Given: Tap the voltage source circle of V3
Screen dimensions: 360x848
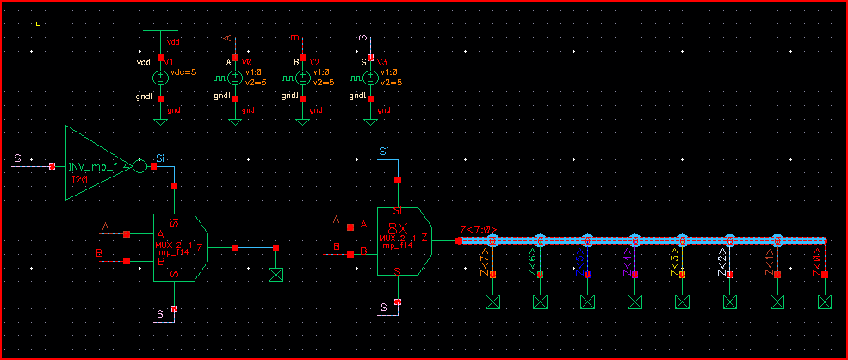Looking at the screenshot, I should [x=370, y=78].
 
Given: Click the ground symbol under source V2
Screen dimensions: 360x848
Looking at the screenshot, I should [x=302, y=121].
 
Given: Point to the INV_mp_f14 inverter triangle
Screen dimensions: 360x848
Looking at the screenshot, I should [x=90, y=164].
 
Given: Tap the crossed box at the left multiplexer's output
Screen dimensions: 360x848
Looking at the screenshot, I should [x=276, y=276].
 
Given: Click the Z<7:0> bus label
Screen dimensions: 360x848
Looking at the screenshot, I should [x=478, y=230].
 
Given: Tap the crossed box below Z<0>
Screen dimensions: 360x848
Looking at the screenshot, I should [x=824, y=301].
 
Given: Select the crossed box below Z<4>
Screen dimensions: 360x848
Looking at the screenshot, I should [x=634, y=301].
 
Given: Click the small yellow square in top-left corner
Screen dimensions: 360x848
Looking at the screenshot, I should [x=39, y=23].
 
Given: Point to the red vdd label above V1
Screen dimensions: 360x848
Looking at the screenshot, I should [x=173, y=41].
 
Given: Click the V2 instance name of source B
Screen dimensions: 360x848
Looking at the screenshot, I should [x=314, y=63].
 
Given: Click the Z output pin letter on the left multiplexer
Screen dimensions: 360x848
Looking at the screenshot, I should [x=200, y=247].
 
